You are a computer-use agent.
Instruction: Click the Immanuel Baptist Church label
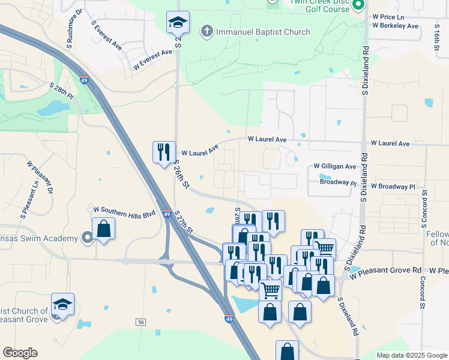[x=263, y=32]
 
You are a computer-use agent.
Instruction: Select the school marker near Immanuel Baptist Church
[x=178, y=23]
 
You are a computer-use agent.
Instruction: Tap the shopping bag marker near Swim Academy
[x=104, y=229]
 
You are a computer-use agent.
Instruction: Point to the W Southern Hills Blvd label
[x=125, y=209]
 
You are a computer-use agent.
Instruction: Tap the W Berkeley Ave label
[x=395, y=26]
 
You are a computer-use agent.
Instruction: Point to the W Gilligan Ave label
[x=335, y=166]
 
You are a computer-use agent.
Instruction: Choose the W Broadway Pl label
[x=393, y=187]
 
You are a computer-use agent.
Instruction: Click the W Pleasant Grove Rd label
[x=390, y=271]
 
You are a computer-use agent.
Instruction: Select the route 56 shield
[x=141, y=322]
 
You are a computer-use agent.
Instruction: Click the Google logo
[x=20, y=353]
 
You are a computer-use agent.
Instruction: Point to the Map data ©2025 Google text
[x=411, y=355]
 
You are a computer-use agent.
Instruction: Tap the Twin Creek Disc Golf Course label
[x=319, y=6]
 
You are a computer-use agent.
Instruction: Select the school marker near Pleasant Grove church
[x=62, y=305]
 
